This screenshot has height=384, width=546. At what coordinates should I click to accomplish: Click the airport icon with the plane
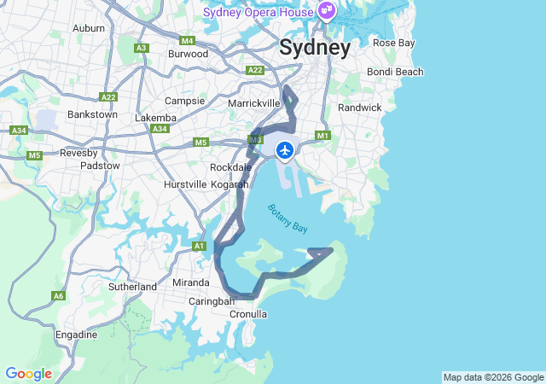[x=285, y=151]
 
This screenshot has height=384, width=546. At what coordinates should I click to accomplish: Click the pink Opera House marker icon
[x=325, y=11]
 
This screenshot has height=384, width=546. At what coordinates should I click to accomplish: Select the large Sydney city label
[x=315, y=48]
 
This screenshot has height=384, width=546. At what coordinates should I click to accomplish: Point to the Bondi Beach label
[x=395, y=72]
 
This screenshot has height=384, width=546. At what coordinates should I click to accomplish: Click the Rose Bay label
[x=394, y=43]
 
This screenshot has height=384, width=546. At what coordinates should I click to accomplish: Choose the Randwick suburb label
[x=360, y=108]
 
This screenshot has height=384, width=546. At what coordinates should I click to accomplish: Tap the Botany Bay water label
[x=288, y=218]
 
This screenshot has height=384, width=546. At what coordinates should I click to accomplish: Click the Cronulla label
[x=248, y=314]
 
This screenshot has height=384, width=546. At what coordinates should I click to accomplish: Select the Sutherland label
[x=132, y=287]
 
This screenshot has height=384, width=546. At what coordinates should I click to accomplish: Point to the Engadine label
[x=76, y=335]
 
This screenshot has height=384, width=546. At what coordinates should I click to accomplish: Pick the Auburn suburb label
[x=89, y=28]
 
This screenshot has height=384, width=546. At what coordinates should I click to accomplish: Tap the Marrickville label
[x=254, y=103]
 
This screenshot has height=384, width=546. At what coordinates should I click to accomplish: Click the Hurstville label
[x=185, y=184]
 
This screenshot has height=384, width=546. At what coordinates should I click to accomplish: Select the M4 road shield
[x=188, y=41]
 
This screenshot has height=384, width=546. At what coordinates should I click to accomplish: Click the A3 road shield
[x=142, y=48]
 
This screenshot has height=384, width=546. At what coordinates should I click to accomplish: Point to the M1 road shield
[x=322, y=136]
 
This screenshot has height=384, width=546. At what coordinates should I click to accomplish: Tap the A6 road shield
[x=59, y=296]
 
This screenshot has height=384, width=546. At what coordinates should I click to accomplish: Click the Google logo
[x=28, y=374]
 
